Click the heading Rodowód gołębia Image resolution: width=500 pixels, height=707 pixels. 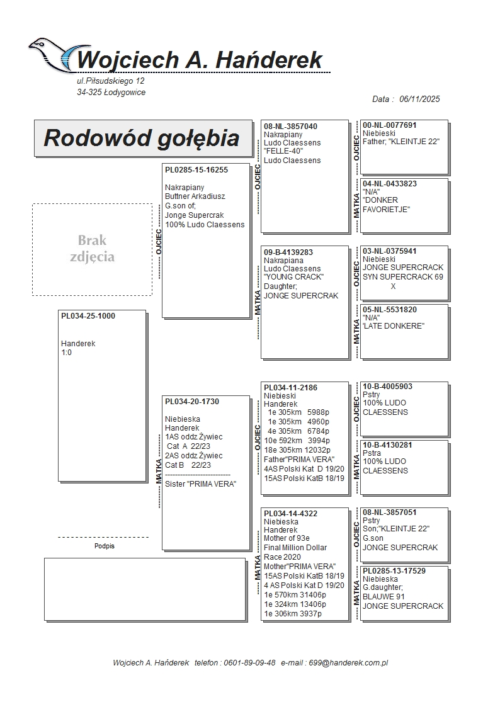141,138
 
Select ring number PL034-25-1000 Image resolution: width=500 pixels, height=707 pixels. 88,316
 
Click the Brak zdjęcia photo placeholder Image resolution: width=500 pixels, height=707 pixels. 92,249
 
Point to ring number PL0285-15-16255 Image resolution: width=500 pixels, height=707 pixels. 196,170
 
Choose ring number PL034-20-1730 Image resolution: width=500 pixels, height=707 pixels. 192,402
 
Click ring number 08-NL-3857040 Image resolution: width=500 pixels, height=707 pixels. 290,127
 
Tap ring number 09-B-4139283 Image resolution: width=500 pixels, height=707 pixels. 288,252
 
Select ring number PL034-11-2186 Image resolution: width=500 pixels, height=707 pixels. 290,388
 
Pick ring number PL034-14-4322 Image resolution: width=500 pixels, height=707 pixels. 290,514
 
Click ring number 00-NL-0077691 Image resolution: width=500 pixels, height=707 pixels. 390,125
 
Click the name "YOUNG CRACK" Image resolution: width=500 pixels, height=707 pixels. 293,278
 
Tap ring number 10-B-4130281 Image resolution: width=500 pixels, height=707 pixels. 388,445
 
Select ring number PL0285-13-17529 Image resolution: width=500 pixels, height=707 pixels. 394,571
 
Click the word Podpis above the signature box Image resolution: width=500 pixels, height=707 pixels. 105,546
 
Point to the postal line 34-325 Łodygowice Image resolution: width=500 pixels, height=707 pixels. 111,93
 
